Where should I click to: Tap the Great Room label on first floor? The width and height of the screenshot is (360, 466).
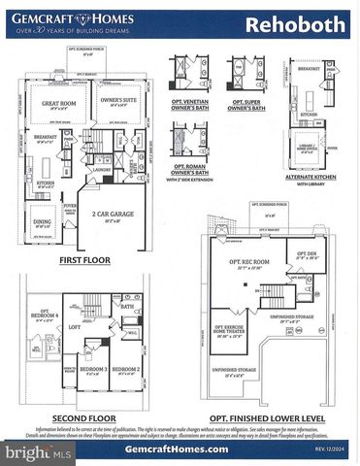58,104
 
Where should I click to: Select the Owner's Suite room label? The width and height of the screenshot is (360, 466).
116,101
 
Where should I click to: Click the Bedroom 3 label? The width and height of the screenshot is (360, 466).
93,369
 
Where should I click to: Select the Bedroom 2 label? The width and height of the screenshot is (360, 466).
128,369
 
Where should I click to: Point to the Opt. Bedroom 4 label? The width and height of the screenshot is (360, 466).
46,316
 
